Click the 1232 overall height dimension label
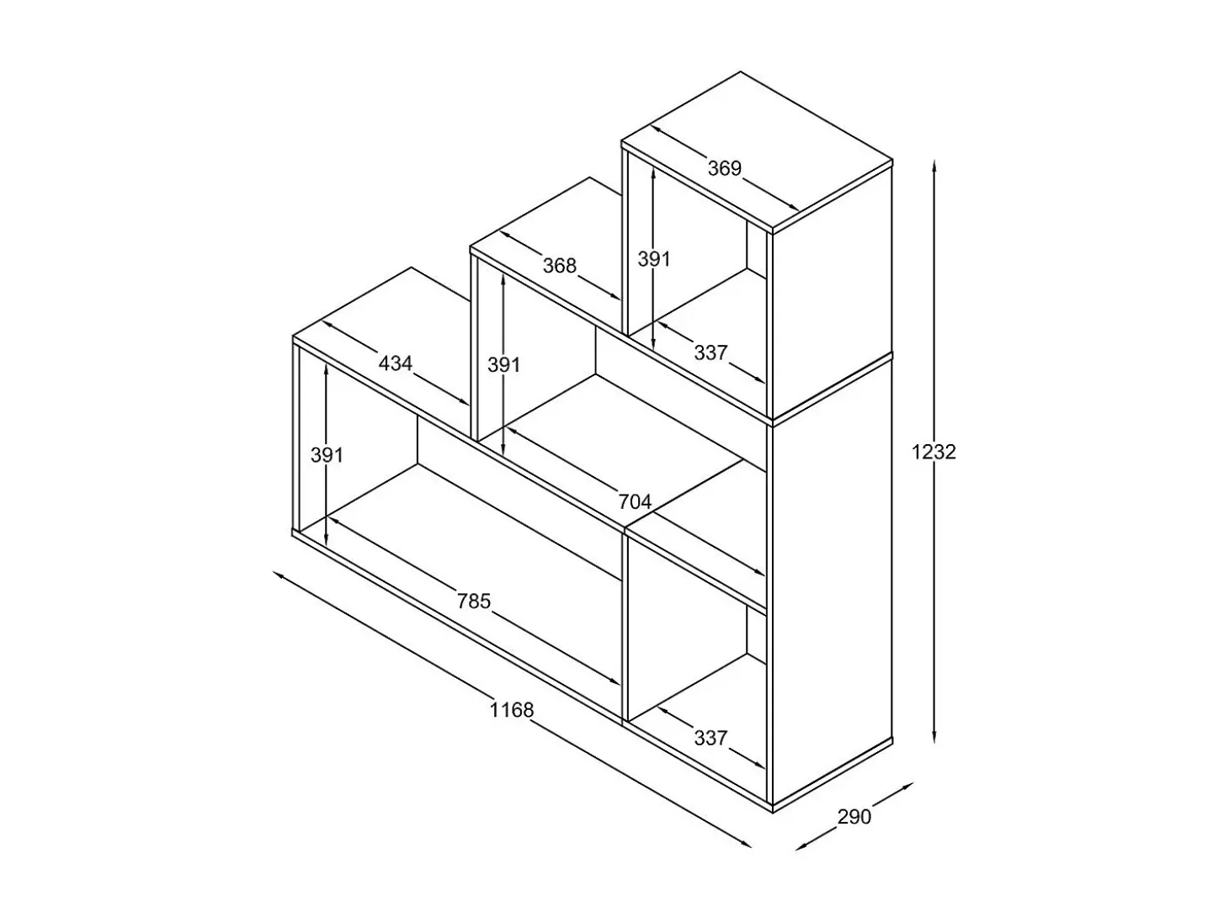934,452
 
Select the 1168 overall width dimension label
512,710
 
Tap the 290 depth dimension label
854,818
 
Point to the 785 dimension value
474,601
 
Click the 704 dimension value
635,502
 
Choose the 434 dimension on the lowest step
396,363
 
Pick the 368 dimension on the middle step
559,265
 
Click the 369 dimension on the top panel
725,168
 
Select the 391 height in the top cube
654,259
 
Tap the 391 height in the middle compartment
504,365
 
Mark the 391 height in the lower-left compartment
327,455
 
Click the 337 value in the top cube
710,352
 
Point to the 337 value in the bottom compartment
710,738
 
